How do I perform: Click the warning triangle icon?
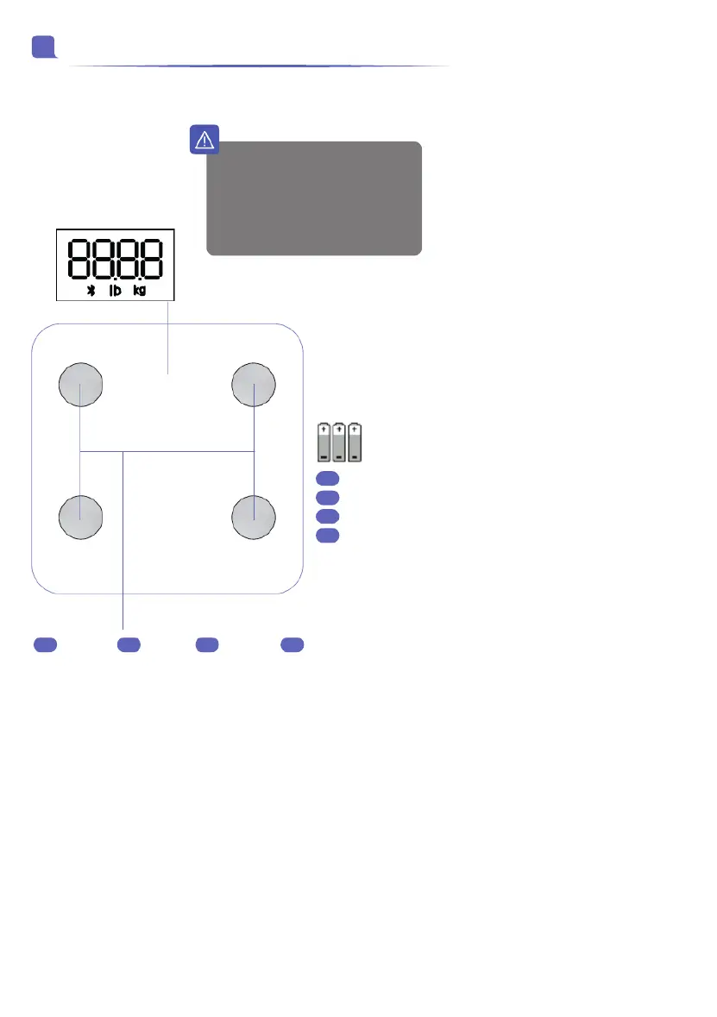click(x=204, y=140)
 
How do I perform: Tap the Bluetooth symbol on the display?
click(x=91, y=291)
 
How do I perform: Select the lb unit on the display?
click(x=115, y=290)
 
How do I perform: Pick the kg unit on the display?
click(x=140, y=290)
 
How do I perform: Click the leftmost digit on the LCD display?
click(x=79, y=259)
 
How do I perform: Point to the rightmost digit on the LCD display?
click(x=153, y=259)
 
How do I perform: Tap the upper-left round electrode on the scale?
click(x=80, y=385)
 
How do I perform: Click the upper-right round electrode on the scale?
click(x=254, y=385)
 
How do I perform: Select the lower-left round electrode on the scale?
click(x=80, y=518)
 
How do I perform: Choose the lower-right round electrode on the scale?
click(x=254, y=518)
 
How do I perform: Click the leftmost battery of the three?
click(x=324, y=443)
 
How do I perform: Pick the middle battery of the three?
click(x=339, y=443)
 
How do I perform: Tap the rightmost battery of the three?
click(x=355, y=443)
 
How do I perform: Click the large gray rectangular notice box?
click(x=314, y=198)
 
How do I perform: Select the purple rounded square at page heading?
click(x=43, y=47)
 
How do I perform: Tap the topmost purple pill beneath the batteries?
click(x=328, y=479)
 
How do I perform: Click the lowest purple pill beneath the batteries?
click(x=328, y=535)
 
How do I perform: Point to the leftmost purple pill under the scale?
click(x=46, y=644)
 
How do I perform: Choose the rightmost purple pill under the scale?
click(x=292, y=644)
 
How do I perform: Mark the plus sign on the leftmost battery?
click(x=324, y=430)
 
